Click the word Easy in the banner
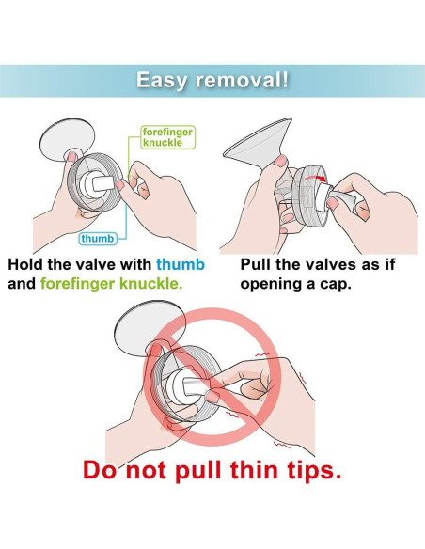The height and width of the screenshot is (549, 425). point(162,81)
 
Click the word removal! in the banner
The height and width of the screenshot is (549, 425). point(243,80)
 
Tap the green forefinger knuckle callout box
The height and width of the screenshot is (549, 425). point(167,137)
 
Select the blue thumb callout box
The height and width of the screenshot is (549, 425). point(98,239)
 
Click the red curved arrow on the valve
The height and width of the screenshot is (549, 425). point(315,179)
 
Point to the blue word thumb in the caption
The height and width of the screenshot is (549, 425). point(180,264)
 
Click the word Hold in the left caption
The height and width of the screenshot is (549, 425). point(26,264)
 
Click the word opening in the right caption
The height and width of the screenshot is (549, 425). point(272,285)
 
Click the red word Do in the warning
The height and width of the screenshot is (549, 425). point(100,470)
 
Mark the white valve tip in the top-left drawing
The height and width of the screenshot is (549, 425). point(103,183)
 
